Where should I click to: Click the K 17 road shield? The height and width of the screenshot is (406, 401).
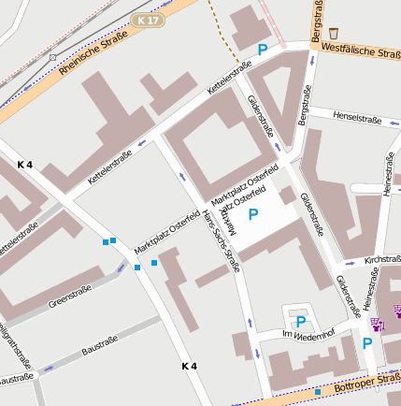146,20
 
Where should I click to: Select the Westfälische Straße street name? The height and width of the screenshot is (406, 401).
360,49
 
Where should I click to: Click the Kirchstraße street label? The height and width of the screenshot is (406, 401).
382,259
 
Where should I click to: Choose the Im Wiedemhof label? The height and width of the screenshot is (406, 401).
308,334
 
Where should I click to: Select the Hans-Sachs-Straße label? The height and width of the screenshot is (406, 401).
222,242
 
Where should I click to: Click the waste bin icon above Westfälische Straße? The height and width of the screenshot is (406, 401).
334,33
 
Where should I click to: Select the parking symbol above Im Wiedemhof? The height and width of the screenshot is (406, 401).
300,321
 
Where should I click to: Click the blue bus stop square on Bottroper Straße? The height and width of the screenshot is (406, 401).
318,391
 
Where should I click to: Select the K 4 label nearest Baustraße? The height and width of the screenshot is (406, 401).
190,365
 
